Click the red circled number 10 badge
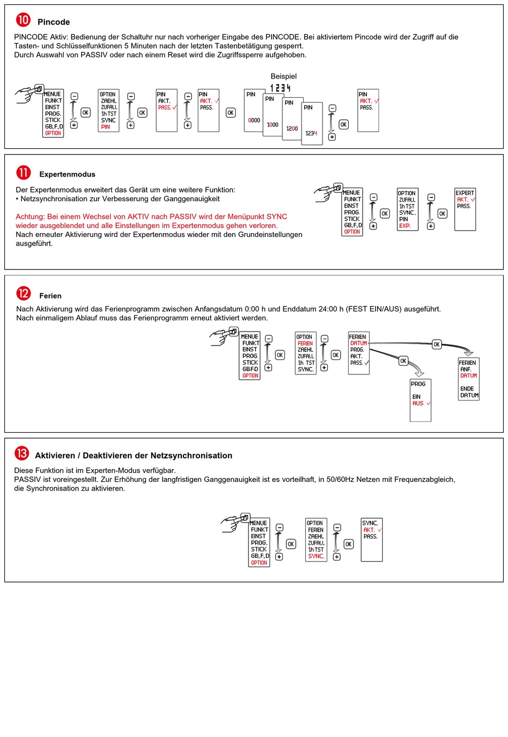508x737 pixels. tap(23, 20)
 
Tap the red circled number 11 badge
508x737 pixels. tap(23, 173)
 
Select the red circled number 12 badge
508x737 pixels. tap(23, 294)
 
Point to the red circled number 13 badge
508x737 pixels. tap(21, 454)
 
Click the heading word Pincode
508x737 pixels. tap(53, 22)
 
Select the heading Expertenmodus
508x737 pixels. tap(67, 174)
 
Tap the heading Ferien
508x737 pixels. tap(50, 296)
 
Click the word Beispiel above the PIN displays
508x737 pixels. tap(283, 76)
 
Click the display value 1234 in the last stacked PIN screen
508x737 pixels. tap(311, 133)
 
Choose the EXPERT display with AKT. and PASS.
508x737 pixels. tap(465, 209)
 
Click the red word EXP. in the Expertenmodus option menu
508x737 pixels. tap(405, 226)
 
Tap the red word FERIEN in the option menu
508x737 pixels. tap(305, 343)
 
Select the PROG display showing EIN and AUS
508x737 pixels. tap(420, 400)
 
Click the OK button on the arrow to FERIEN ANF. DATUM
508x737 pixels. tap(436, 344)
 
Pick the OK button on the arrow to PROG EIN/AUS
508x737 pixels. tap(403, 361)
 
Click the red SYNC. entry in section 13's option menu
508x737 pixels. tap(315, 556)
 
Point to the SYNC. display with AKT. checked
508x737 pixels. tap(372, 539)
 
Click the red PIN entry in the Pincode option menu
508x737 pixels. tap(105, 127)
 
